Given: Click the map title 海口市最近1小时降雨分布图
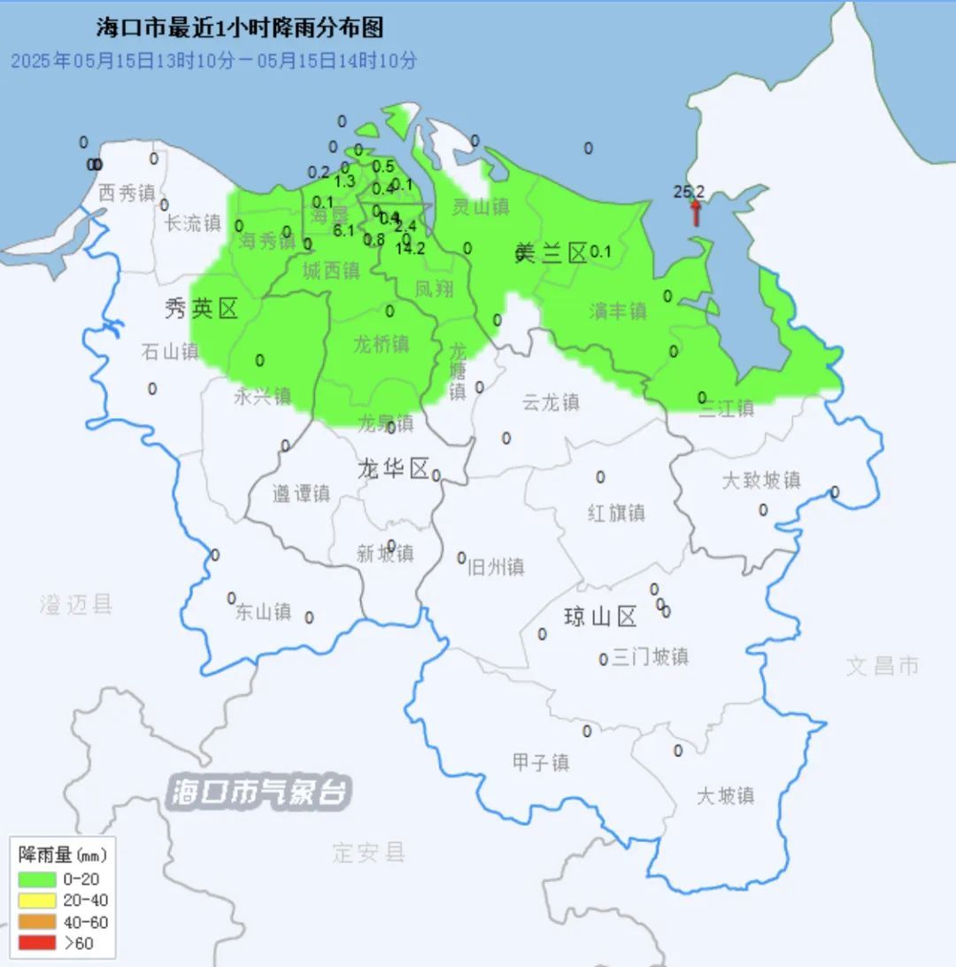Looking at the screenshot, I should pos(240,28).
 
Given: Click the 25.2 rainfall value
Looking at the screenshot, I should pos(689,191).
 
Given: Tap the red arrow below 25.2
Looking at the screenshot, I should pos(696,213).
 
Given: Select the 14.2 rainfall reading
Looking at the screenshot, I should pos(410,249).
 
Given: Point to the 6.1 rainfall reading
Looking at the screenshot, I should pos(343,230).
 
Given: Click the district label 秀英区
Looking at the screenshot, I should pos(202,308).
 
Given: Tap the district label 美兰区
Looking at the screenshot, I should pos(551,254).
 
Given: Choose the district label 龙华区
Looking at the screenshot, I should pos(393,468).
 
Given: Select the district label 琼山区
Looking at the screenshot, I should pos(601,616).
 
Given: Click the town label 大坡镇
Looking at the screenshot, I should pos(725,795).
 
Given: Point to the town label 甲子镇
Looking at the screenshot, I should pos(541,762).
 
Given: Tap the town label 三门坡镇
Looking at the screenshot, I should pos(651,656).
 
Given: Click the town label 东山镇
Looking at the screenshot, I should pos(263,611).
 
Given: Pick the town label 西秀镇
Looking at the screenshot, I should pos(127,192).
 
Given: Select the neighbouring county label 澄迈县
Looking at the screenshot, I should pos(76,605).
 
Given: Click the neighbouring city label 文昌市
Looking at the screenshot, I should pos(883,666).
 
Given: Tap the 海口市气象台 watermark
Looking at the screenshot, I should pos(259,791).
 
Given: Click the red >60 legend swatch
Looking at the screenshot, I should pos(37,943).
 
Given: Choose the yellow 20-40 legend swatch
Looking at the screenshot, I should pos(37,901).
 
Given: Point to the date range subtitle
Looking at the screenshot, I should pos(213,60).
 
